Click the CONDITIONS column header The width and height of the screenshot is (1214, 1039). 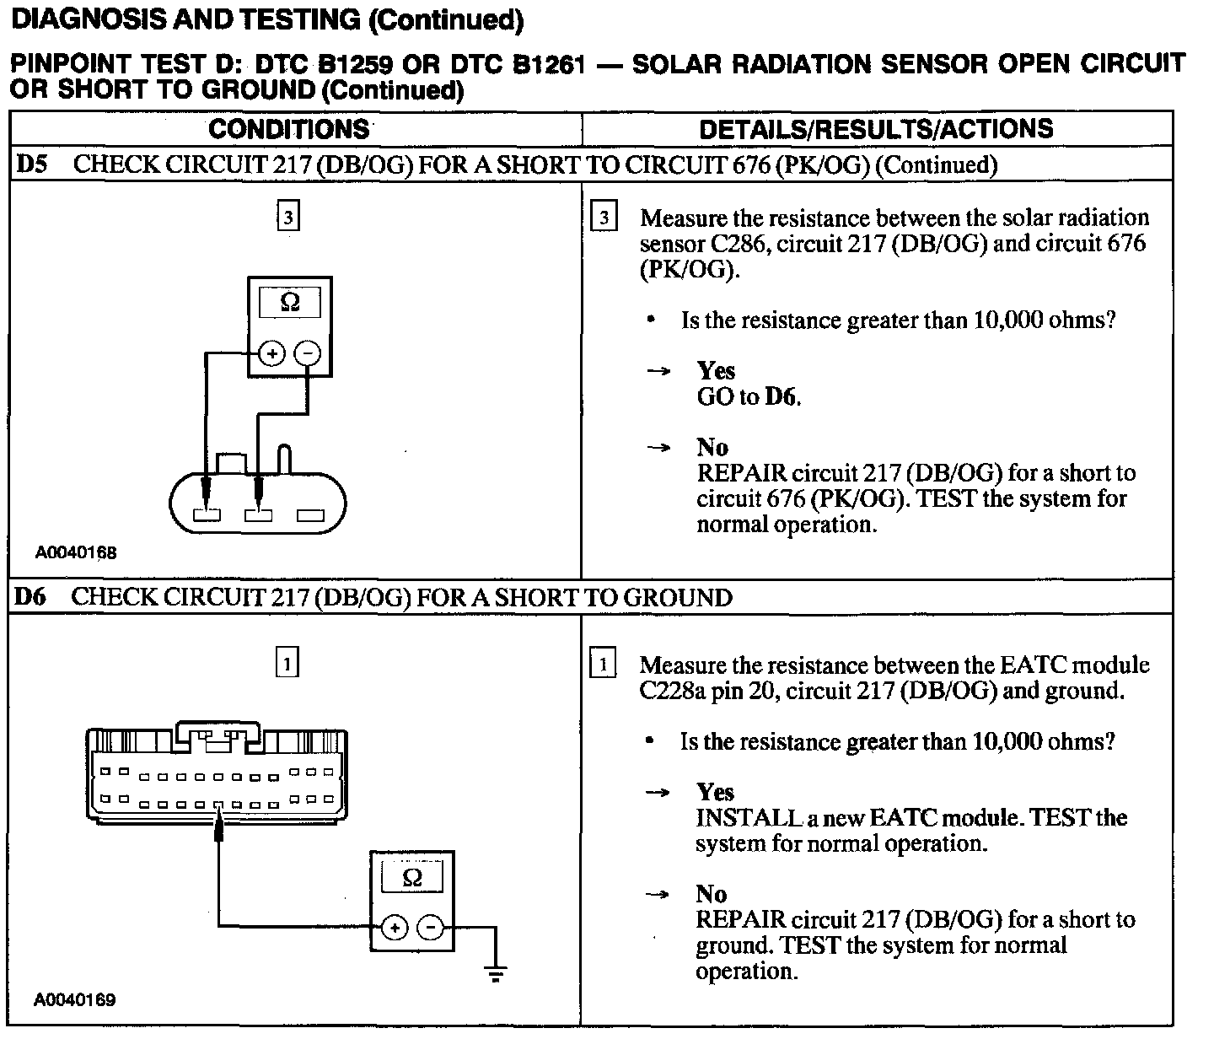tap(288, 129)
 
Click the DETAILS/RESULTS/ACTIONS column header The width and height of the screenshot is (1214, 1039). tap(876, 129)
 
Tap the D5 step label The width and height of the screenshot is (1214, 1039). tap(30, 164)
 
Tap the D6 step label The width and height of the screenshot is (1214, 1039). tap(30, 598)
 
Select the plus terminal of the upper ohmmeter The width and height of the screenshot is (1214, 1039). tap(271, 354)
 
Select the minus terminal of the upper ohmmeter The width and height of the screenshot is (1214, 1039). tap(309, 354)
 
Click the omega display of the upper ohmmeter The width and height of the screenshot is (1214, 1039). tap(289, 302)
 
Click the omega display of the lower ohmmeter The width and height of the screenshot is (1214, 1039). tap(412, 878)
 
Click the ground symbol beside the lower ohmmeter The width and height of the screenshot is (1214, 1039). tap(496, 973)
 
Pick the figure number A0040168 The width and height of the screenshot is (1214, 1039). tap(76, 553)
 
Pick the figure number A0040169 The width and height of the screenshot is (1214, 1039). tap(75, 1000)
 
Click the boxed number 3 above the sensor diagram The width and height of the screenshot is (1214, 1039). tap(288, 218)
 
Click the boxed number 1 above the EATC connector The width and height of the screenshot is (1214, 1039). tap(287, 665)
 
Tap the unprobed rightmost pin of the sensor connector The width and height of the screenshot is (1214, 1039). tap(310, 514)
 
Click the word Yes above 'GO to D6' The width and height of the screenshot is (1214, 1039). tap(716, 371)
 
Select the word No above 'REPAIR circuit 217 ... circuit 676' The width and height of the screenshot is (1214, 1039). tap(712, 447)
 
